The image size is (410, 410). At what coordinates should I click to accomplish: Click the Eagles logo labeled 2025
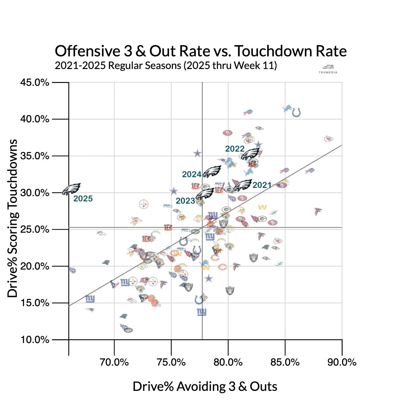tap(71, 189)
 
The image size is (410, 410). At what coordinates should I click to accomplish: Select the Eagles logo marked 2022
tap(250, 154)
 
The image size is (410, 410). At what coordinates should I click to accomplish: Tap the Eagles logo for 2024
tap(212, 172)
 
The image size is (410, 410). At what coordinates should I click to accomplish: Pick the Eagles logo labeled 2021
tap(243, 185)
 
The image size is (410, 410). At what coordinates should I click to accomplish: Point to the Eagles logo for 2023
tap(205, 194)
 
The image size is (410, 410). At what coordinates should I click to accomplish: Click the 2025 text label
tap(83, 199)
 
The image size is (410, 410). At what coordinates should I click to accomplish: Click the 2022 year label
tap(235, 149)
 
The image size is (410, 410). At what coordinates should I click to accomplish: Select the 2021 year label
tap(262, 185)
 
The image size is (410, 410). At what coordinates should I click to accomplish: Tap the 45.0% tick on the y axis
tap(35, 83)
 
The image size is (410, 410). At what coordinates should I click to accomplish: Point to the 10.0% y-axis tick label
tap(35, 340)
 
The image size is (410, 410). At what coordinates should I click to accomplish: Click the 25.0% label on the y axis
tap(35, 230)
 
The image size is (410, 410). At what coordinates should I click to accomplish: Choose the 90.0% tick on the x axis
tap(342, 362)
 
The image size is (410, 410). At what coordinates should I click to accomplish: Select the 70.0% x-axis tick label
tap(114, 362)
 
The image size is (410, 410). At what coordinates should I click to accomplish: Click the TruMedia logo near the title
tap(328, 69)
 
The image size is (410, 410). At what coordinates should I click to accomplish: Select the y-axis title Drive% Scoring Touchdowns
tap(13, 218)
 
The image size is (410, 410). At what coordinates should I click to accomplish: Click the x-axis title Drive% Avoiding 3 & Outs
tap(205, 386)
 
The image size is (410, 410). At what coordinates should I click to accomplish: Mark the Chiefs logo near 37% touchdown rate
tap(329, 139)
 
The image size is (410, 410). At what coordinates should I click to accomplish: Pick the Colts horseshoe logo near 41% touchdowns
tap(296, 112)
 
